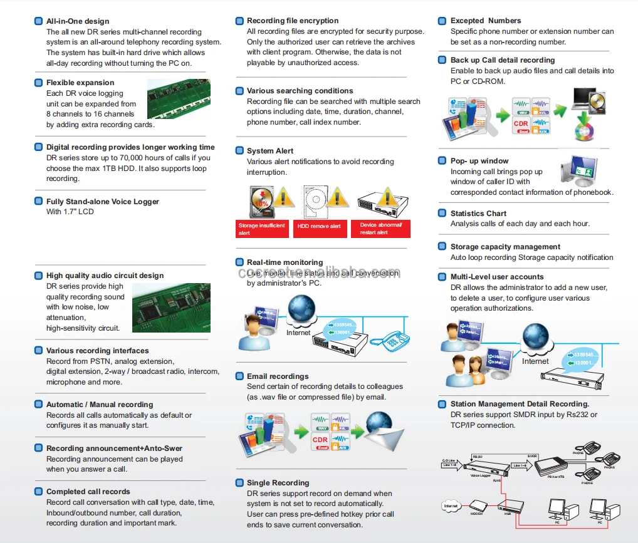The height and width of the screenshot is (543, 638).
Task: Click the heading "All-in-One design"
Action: point(78,21)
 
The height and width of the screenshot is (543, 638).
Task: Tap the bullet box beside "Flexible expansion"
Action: point(38,83)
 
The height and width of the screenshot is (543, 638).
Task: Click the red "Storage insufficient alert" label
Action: point(262,229)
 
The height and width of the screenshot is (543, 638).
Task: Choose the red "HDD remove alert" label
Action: point(319,227)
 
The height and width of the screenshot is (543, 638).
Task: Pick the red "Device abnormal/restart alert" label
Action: point(381,228)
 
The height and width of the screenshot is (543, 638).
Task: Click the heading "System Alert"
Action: point(270,151)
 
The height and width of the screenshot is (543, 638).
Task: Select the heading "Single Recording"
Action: point(278,483)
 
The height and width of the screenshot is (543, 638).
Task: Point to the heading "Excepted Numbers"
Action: point(486,21)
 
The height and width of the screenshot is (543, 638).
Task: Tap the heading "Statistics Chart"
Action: point(478,214)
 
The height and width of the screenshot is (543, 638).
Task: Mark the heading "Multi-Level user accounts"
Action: point(497,277)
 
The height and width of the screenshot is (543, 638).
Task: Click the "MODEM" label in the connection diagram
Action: point(477,514)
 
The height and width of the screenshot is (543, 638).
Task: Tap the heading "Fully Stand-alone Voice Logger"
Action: point(103,202)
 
